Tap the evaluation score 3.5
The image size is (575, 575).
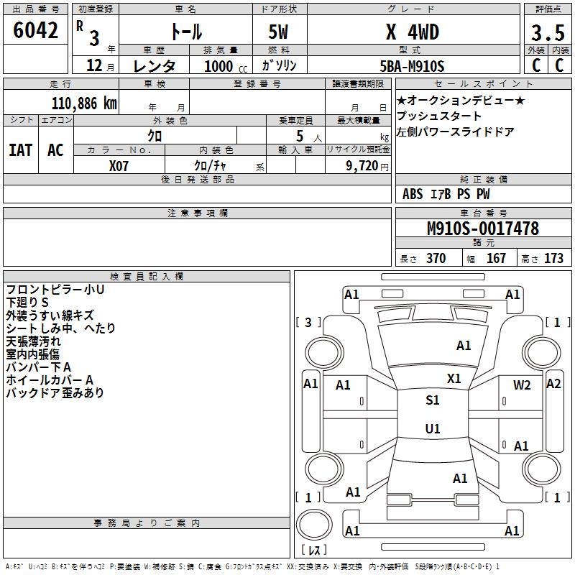click(x=546, y=33)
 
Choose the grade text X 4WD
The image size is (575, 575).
click(x=412, y=32)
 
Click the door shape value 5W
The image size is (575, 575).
click(x=280, y=33)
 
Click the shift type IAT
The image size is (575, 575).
click(x=20, y=150)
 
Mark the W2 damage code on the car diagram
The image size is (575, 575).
click(x=522, y=385)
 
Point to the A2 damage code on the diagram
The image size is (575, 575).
click(x=553, y=383)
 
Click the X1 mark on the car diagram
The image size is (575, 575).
click(x=454, y=378)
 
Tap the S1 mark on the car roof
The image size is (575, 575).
click(x=432, y=400)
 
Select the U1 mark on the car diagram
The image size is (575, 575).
click(x=432, y=428)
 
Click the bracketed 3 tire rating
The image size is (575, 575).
click(x=308, y=322)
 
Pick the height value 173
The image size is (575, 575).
click(x=554, y=259)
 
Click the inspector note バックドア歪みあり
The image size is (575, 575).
click(x=55, y=393)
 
